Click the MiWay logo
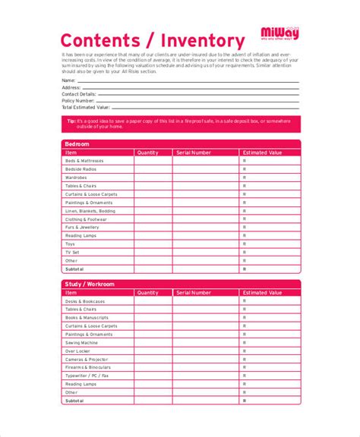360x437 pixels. pos(279,34)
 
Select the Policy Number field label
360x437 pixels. pos(78,100)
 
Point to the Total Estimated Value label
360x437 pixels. pos(86,108)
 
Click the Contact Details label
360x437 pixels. pos(80,93)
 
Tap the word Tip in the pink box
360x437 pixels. pos(71,121)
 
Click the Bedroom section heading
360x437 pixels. pos(77,144)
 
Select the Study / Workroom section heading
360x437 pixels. pos(90,284)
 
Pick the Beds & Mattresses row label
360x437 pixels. pos(84,160)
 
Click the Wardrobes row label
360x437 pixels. pos(77,177)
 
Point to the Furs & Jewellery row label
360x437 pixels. pos(82,228)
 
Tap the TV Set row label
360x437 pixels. pos(73,253)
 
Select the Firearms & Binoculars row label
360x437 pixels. pos(87,367)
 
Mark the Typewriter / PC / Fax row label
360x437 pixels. pos(88,376)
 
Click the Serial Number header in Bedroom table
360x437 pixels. pos(193,152)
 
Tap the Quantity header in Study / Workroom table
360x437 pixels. pos(147,292)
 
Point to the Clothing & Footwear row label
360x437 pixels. pos(86,219)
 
